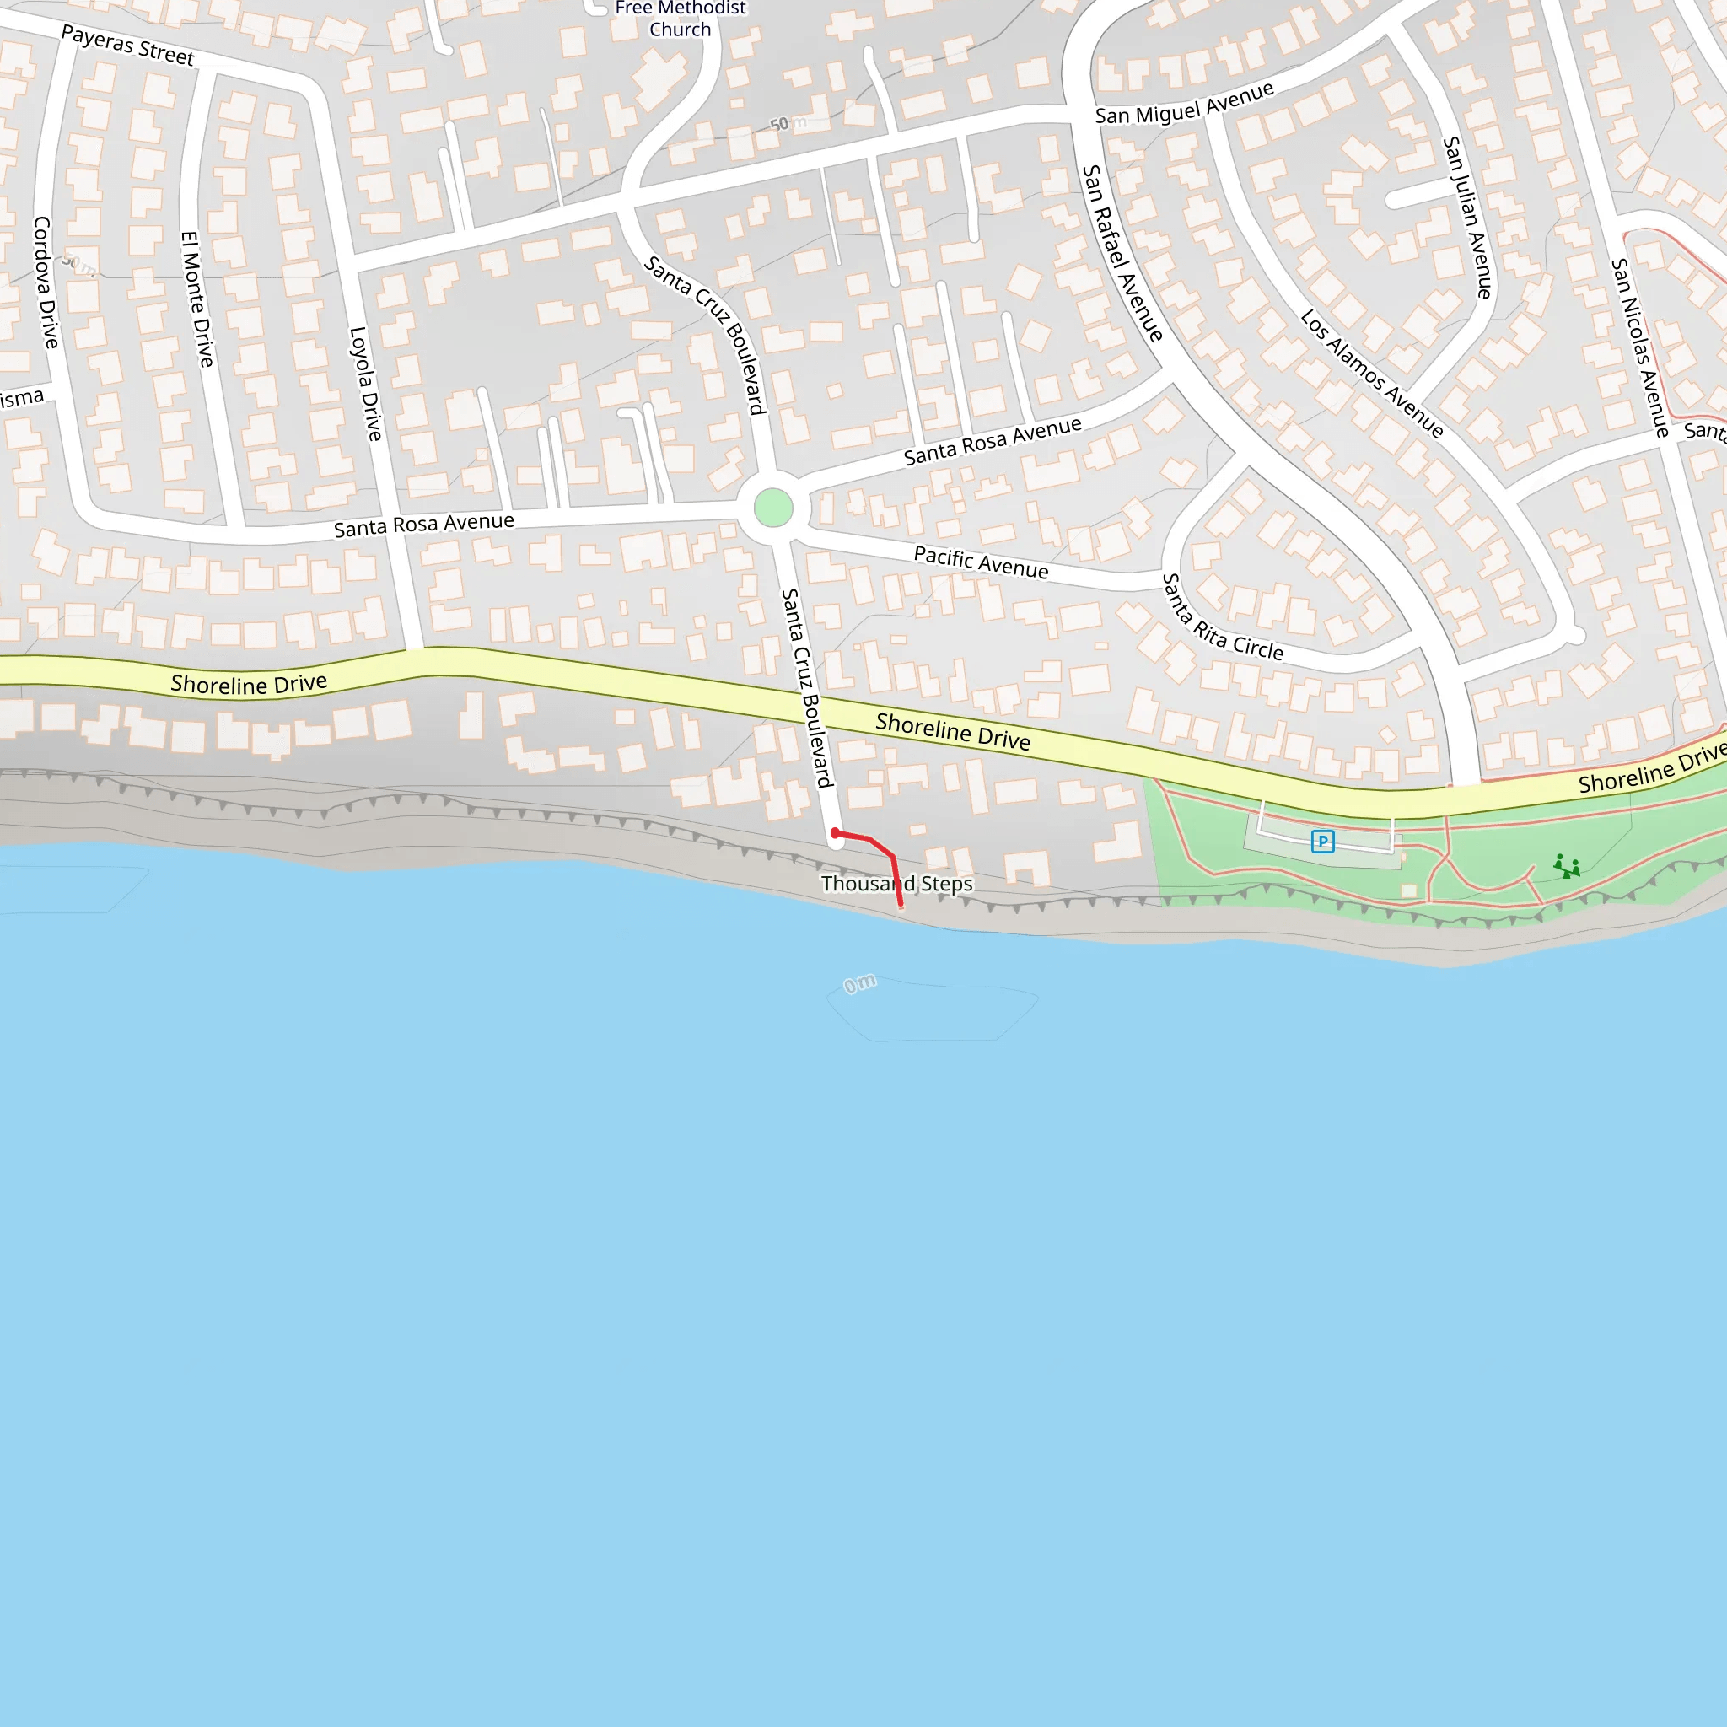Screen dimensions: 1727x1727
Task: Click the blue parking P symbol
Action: tap(1322, 841)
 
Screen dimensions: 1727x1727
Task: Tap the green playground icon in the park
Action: tap(1566, 866)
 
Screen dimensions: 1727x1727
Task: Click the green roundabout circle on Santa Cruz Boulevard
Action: tap(773, 508)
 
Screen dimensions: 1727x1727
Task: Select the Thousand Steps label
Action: tap(896, 883)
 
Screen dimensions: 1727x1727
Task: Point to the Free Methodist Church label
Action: tap(681, 19)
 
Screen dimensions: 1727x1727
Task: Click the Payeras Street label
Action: tap(127, 45)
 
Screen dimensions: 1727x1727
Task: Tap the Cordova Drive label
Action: tap(45, 282)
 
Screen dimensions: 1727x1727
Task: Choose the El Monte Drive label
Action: tap(196, 299)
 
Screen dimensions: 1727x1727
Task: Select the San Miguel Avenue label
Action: tap(1185, 104)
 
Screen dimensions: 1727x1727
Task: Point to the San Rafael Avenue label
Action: tap(1122, 253)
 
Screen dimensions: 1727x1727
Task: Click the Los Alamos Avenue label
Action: tap(1371, 373)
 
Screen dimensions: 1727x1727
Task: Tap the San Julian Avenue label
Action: tap(1467, 218)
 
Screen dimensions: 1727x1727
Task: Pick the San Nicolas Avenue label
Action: tap(1639, 347)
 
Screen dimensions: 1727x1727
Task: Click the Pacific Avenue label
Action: tap(981, 562)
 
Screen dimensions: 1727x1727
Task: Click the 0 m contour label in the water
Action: tap(860, 984)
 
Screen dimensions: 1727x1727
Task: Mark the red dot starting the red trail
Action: tap(835, 833)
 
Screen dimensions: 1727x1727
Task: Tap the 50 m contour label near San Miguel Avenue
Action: tap(787, 123)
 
